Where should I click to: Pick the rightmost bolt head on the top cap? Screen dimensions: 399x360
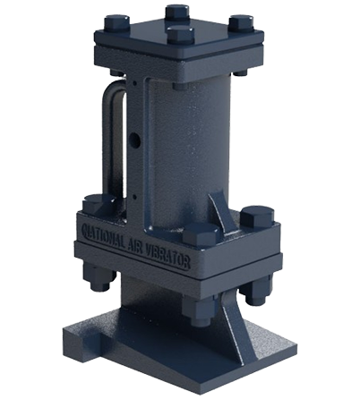tap(240, 24)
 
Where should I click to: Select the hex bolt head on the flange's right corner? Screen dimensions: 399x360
tap(256, 217)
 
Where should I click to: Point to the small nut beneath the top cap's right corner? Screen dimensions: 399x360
tap(240, 70)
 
